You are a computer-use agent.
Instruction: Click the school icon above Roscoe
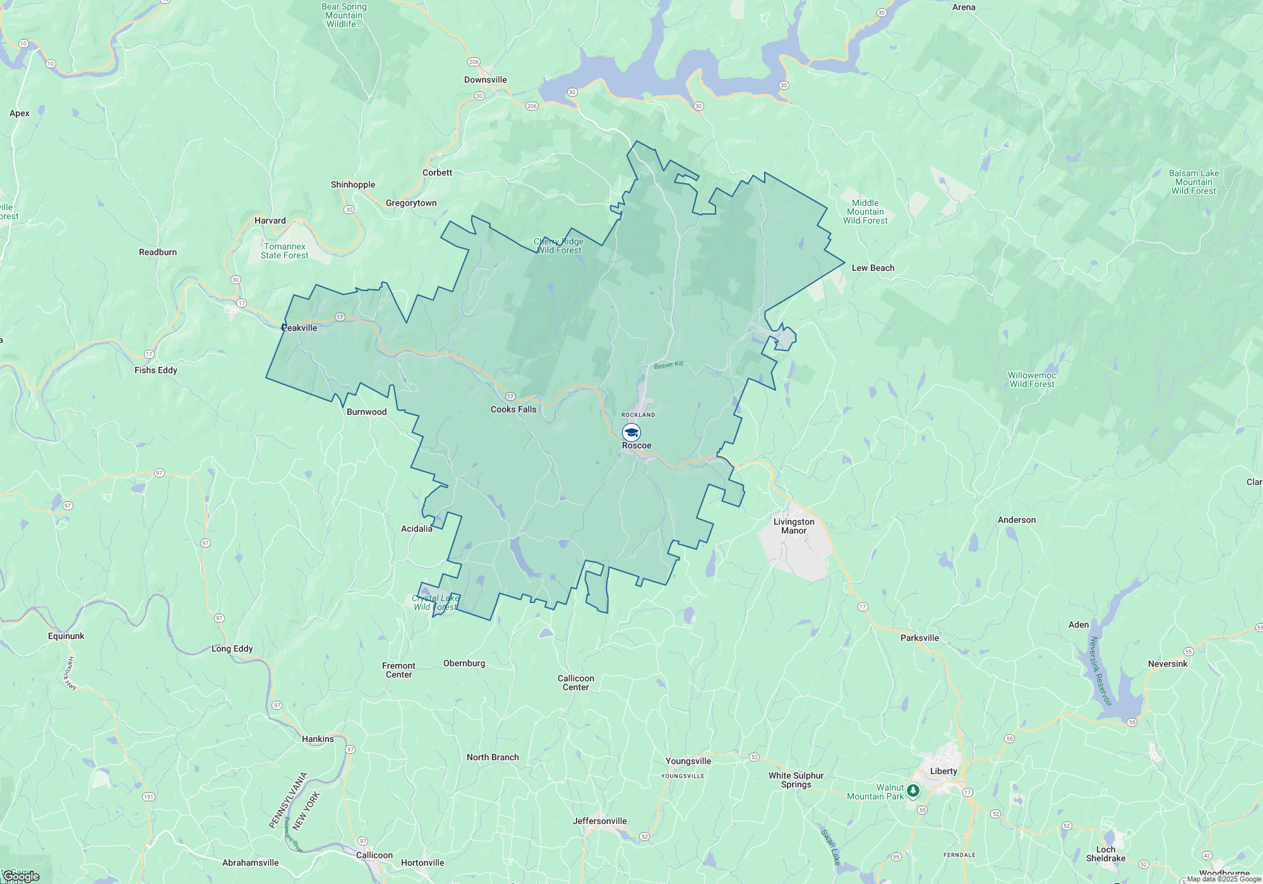pyautogui.click(x=631, y=433)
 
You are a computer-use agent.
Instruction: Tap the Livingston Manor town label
pyautogui.click(x=794, y=526)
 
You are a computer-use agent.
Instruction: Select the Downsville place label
pyautogui.click(x=485, y=80)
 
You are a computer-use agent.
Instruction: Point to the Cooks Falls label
pyautogui.click(x=513, y=409)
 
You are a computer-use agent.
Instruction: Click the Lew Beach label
pyautogui.click(x=873, y=268)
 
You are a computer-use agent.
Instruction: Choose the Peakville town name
pyautogui.click(x=299, y=328)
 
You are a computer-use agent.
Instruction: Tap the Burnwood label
pyautogui.click(x=366, y=412)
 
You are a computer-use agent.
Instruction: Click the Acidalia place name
pyautogui.click(x=417, y=529)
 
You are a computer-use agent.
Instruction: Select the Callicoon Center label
pyautogui.click(x=575, y=683)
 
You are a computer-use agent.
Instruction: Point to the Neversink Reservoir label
pyautogui.click(x=1100, y=671)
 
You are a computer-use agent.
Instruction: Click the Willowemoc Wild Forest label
pyautogui.click(x=1032, y=379)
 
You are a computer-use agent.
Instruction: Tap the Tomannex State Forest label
pyautogui.click(x=284, y=251)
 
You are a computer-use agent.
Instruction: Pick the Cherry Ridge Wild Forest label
pyautogui.click(x=559, y=246)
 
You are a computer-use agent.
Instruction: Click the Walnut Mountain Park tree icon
pyautogui.click(x=913, y=791)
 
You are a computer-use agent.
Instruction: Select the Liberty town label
pyautogui.click(x=943, y=771)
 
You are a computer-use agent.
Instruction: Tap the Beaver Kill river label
pyautogui.click(x=668, y=365)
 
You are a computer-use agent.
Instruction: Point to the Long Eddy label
pyautogui.click(x=232, y=648)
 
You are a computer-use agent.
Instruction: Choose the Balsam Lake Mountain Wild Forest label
pyautogui.click(x=1194, y=182)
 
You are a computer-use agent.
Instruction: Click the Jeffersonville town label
pyautogui.click(x=599, y=821)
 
